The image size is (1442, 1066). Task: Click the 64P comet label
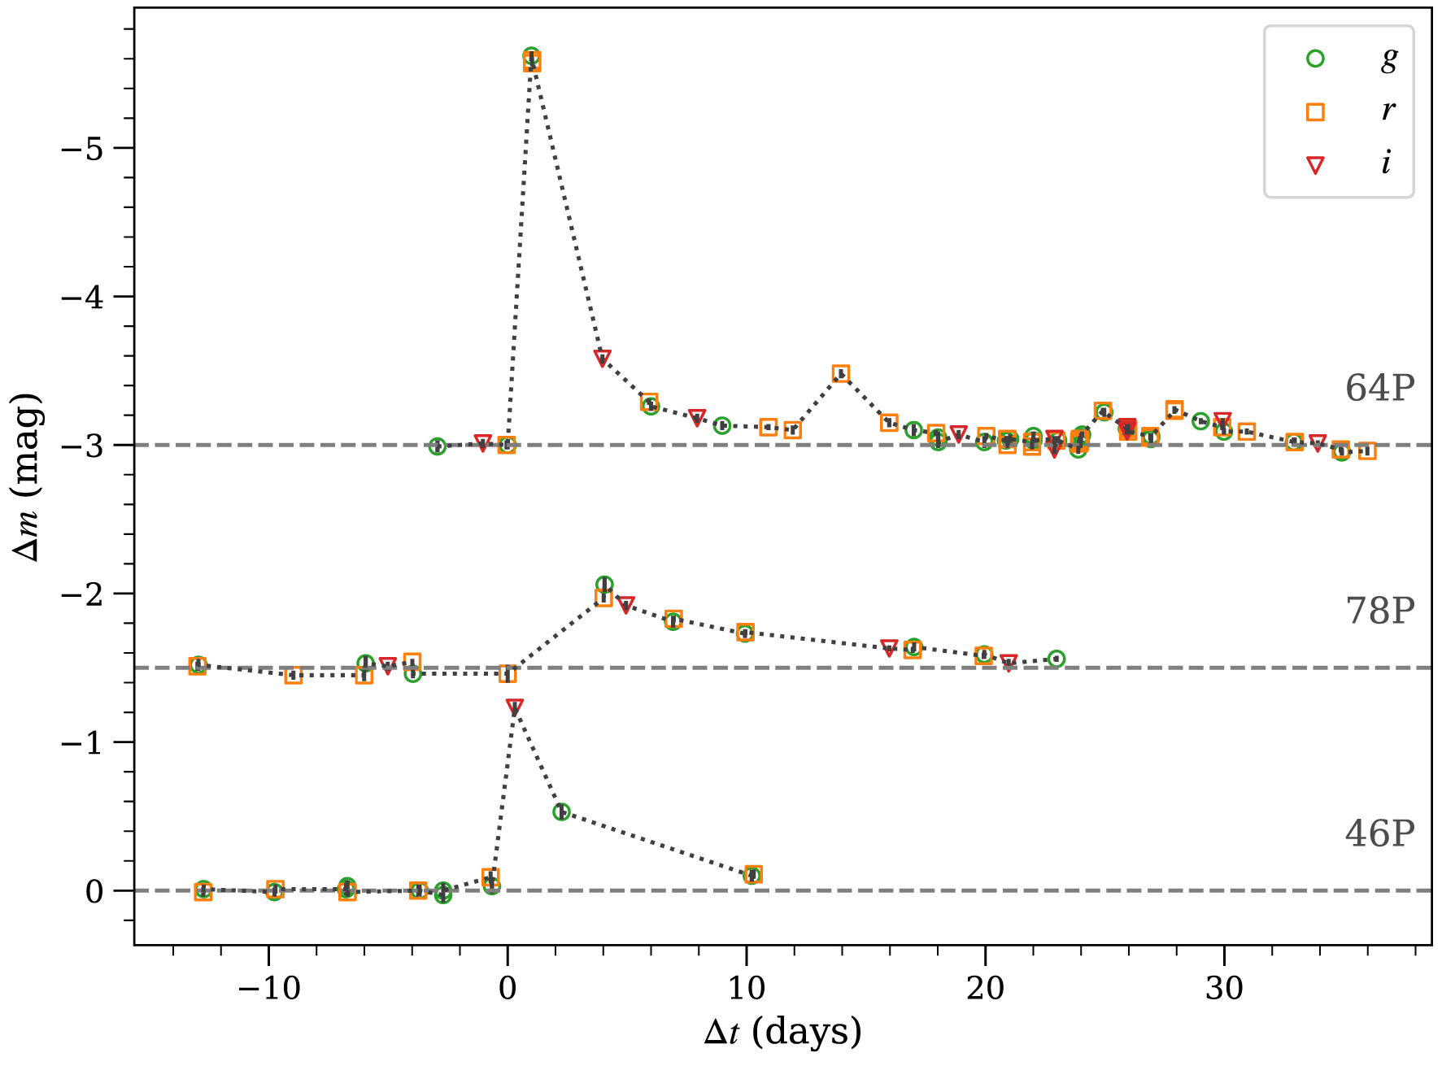[x=1379, y=389]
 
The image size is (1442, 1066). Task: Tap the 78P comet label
[x=1379, y=611]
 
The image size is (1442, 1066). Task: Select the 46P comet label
[x=1379, y=833]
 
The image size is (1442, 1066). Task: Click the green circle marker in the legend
[x=1315, y=59]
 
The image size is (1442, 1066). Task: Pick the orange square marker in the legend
[x=1315, y=112]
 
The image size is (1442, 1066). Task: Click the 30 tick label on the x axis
[x=1224, y=988]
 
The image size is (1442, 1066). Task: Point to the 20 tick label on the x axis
[x=985, y=988]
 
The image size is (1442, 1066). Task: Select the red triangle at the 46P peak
[x=515, y=707]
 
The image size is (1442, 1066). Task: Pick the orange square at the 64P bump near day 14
[x=841, y=374]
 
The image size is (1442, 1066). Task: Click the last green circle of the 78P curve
[x=1056, y=659]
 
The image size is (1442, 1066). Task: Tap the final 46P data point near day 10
[x=753, y=875]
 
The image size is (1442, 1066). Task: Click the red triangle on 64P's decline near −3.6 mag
[x=603, y=358]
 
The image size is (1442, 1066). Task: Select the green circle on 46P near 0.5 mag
[x=561, y=811]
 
